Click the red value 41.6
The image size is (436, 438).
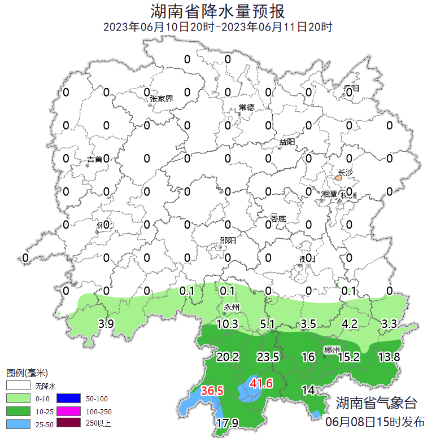pos(261,384)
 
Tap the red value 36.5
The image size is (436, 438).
pos(213,391)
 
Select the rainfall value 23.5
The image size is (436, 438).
pos(268,357)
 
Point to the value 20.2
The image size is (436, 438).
pos(228,357)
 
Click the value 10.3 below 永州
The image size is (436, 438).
pos(227,324)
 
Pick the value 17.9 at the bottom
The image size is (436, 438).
pos(227,423)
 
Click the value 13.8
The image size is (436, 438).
pos(389,357)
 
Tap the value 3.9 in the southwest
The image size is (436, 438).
pos(106,324)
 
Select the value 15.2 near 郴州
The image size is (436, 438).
pos(348,357)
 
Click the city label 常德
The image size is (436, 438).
pos(246,107)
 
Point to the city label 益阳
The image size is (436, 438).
pos(287,142)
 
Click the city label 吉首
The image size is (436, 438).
pos(95,159)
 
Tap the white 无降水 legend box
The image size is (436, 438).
pos(18,386)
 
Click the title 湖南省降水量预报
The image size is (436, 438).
pos(218,11)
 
